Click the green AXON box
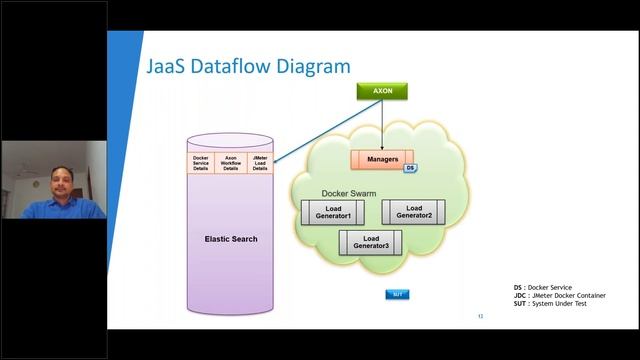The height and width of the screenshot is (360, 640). pos(382,91)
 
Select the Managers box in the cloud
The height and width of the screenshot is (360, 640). pos(383,159)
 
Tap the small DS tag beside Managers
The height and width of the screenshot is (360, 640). pos(410,168)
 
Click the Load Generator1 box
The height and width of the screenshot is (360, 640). pos(333,212)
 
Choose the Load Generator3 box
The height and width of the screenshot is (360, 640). pos(371,241)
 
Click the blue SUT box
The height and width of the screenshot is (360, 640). pos(397,294)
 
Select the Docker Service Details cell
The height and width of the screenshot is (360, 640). pos(200,162)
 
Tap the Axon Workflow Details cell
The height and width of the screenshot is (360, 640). pos(230,162)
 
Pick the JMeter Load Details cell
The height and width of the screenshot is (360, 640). pos(260,162)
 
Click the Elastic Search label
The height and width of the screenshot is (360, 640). pos(231,239)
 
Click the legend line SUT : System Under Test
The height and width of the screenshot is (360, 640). pos(549,304)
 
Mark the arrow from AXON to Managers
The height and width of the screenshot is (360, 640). pos(382,125)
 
